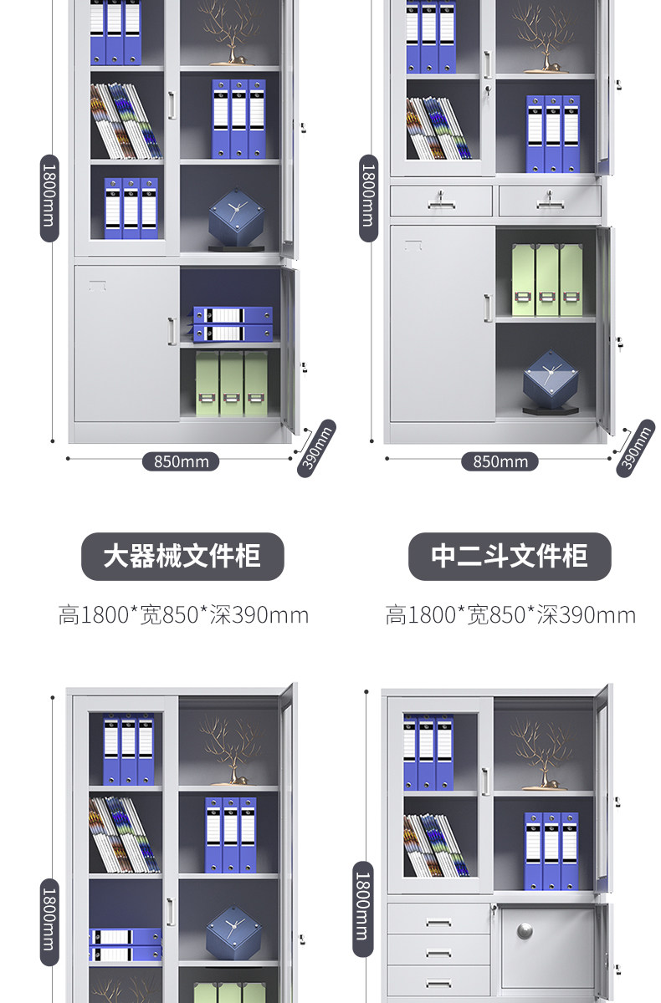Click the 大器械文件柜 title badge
tap(182, 557)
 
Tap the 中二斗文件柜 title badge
tap(510, 557)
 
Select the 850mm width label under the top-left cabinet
tap(181, 461)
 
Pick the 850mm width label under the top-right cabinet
tap(500, 461)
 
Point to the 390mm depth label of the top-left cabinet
tap(316, 450)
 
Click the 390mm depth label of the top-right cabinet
tap(635, 450)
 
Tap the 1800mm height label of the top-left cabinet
tap(49, 197)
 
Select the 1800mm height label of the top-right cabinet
tap(368, 197)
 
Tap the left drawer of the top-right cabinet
tap(441, 201)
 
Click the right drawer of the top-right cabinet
tap(550, 201)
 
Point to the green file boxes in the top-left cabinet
tap(231, 383)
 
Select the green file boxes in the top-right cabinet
tap(547, 279)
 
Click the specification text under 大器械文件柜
tap(183, 616)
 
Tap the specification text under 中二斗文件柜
tap(510, 616)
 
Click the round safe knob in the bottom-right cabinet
tap(525, 930)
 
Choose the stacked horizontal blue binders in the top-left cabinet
tap(233, 323)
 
